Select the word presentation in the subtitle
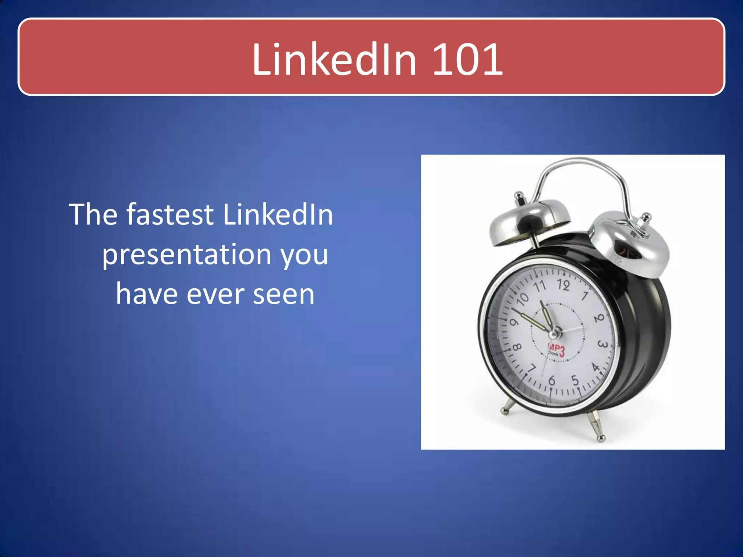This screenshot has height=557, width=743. tap(186, 255)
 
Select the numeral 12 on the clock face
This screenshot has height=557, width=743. tap(563, 285)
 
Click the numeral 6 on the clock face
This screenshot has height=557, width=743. tap(552, 380)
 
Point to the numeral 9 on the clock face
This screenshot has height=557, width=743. tap(514, 322)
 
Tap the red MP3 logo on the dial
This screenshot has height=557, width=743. tap(556, 351)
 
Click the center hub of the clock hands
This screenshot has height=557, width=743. tap(554, 333)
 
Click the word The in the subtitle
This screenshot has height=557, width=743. tap(92, 214)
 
